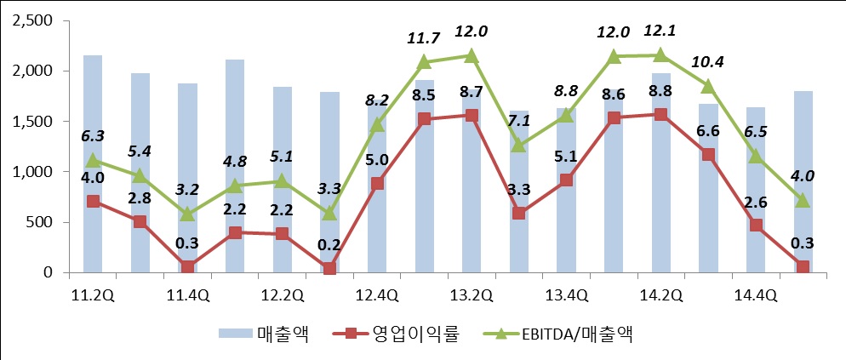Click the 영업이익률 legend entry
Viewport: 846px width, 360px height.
[x=414, y=334]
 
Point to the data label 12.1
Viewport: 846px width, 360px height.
[x=660, y=31]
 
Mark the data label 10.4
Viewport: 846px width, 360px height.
[x=708, y=62]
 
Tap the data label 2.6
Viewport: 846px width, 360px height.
[x=756, y=202]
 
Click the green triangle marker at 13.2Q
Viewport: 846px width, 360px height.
[x=472, y=55]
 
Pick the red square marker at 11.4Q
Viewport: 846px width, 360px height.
[x=187, y=268]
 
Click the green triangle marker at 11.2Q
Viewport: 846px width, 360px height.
[x=93, y=160]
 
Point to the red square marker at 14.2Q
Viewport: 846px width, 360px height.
[x=660, y=114]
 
